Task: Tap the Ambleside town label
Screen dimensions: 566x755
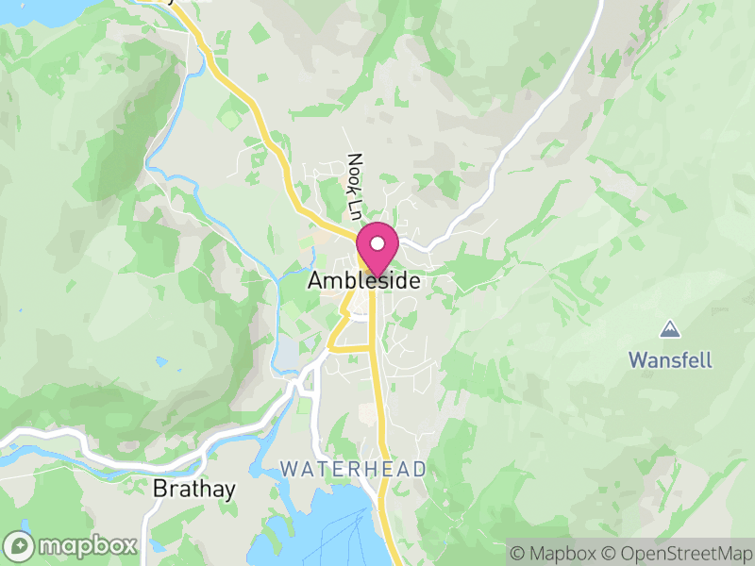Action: point(364,281)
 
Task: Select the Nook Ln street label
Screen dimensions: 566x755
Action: point(355,187)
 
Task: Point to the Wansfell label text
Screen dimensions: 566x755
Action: point(670,359)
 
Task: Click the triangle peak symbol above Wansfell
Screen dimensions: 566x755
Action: point(669,329)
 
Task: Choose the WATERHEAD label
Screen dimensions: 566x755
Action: point(354,469)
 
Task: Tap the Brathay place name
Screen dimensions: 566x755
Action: point(193,490)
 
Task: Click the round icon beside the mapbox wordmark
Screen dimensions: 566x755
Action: point(20,545)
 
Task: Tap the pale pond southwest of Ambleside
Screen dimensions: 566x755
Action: point(285,354)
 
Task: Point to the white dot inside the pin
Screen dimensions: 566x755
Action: point(377,242)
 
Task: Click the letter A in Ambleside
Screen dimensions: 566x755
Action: point(316,281)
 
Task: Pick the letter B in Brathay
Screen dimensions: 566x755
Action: point(159,490)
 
